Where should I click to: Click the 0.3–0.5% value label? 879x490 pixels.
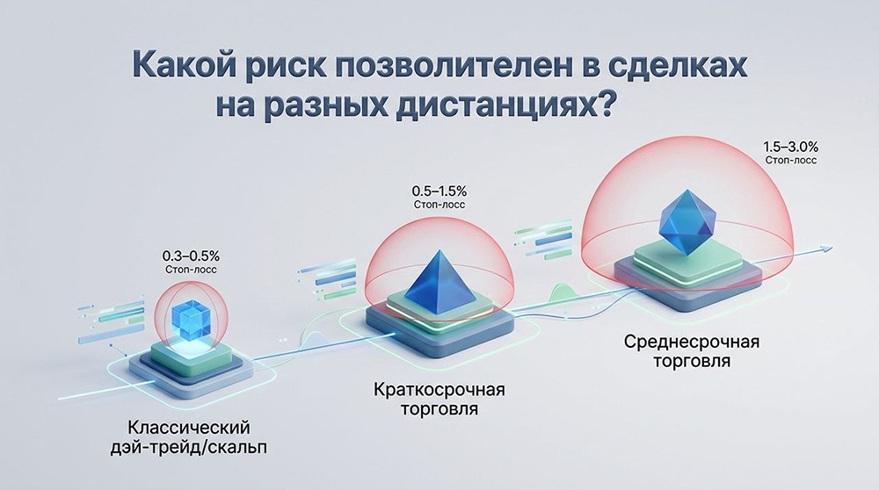tap(191, 256)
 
